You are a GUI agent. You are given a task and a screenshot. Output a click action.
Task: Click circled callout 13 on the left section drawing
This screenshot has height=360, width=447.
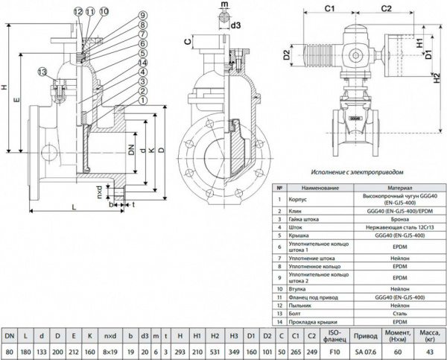pyautogui.click(x=42, y=71)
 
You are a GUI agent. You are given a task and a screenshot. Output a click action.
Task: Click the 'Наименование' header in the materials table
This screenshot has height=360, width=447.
pyautogui.click(x=311, y=189)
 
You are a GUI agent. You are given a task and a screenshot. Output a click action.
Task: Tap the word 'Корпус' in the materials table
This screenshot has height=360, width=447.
pyautogui.click(x=297, y=200)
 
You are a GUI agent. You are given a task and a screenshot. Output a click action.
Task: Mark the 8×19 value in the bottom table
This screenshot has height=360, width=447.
pyautogui.click(x=110, y=352)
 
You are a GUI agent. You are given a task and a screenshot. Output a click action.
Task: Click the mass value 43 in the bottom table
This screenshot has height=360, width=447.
pyautogui.click(x=430, y=352)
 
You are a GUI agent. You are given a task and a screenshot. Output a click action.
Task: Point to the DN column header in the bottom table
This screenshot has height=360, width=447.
pyautogui.click(x=10, y=337)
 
